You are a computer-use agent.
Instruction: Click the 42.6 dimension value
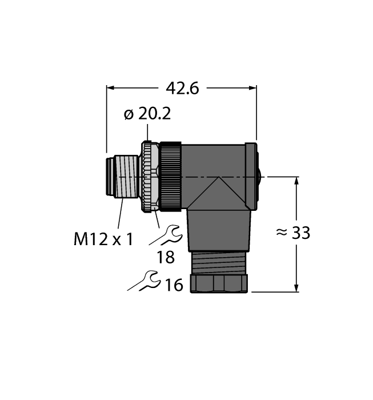coord(182,88)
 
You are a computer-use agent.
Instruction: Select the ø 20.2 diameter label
coord(147,114)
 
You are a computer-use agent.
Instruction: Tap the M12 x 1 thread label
coord(103,238)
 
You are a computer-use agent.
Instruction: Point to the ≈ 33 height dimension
coord(293,233)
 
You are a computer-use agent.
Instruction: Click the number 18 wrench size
coord(166,257)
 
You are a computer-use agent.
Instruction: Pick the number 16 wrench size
coord(174,284)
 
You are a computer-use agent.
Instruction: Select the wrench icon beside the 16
coord(143,281)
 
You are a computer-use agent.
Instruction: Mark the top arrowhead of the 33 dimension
coord(296,181)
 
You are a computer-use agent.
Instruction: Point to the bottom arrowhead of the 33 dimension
coord(296,288)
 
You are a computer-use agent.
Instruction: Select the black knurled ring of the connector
coord(170,177)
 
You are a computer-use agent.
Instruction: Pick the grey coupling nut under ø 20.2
coord(149,177)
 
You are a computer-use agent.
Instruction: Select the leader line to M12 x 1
coord(119,214)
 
